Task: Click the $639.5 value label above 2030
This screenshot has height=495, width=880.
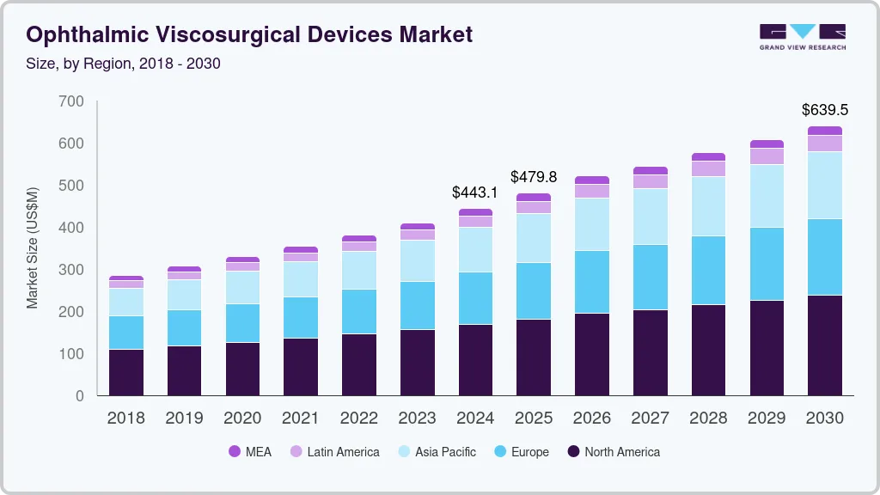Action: [825, 110]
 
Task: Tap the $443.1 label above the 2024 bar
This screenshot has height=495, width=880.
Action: [475, 192]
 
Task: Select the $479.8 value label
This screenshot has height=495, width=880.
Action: [534, 177]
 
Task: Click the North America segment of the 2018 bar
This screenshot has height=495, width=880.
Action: [125, 372]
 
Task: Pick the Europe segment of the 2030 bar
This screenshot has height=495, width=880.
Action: [825, 257]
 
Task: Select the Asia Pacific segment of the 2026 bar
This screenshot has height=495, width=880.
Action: [592, 224]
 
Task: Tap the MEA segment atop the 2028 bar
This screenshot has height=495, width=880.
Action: [708, 157]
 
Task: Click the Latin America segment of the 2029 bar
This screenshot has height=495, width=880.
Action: [767, 156]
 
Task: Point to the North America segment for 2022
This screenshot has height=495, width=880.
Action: [358, 364]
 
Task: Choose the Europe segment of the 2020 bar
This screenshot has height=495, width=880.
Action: [242, 323]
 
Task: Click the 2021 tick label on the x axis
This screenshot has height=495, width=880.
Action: [301, 419]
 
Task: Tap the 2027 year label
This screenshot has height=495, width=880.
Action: [651, 419]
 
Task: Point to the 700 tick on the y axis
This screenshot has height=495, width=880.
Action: [73, 101]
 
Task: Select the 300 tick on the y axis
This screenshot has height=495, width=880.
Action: [73, 270]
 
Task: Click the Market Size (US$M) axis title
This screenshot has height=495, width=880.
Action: [33, 247]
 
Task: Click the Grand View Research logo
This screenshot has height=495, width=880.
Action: [803, 37]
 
